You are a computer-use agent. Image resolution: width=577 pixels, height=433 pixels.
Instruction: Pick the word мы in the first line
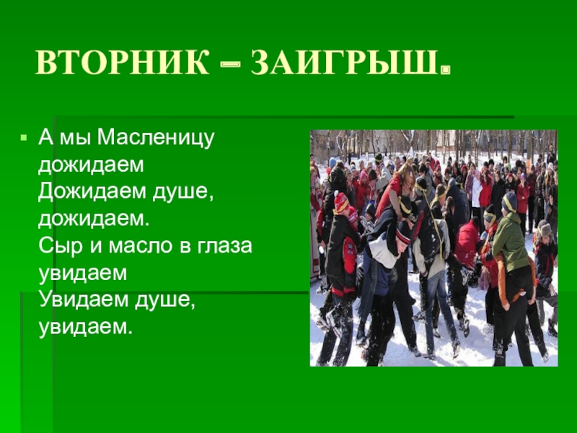[76, 137]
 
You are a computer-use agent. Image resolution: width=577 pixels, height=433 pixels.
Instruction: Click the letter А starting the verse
[45, 136]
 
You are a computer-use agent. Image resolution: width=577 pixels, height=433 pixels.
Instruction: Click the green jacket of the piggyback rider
[510, 242]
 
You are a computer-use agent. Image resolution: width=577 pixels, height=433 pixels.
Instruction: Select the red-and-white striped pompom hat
[341, 203]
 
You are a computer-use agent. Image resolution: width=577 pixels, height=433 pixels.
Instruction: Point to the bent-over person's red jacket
[466, 242]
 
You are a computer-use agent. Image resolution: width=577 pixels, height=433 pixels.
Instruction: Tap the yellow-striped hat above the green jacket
[509, 201]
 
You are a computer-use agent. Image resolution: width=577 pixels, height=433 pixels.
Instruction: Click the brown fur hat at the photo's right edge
[545, 229]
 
